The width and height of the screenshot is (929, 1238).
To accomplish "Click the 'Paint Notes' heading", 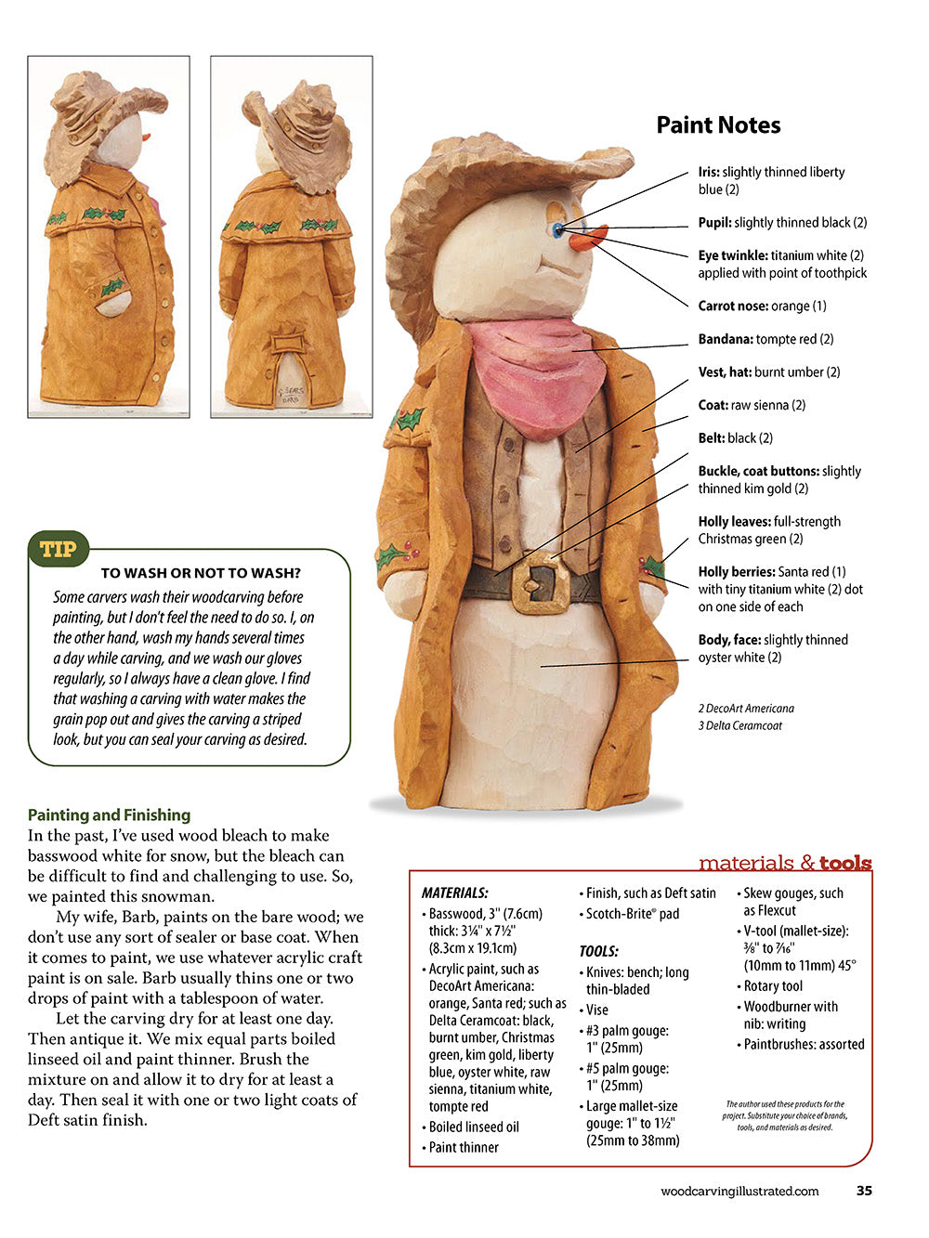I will click(718, 125).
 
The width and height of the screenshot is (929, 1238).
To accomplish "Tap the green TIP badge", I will click(59, 549).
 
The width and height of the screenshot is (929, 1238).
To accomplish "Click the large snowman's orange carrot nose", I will click(586, 239).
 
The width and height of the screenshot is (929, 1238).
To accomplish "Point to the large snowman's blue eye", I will click(557, 228).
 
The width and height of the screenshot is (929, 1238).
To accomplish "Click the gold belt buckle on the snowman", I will click(540, 582).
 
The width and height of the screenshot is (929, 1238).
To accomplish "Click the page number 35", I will click(864, 1191).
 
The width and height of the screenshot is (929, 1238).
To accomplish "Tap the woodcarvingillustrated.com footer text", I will click(739, 1192).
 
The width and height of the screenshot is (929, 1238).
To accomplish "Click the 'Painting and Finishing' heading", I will click(109, 814).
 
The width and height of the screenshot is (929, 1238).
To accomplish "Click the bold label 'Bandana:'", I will click(726, 339).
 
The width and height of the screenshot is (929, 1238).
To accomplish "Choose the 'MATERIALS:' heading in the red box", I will click(455, 893).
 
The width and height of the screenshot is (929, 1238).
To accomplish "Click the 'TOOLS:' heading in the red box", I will click(598, 951).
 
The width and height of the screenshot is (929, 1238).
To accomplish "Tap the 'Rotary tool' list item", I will click(773, 986).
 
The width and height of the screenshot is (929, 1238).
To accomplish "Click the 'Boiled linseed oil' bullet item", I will click(474, 1127).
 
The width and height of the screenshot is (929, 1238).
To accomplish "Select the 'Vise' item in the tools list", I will click(596, 1010).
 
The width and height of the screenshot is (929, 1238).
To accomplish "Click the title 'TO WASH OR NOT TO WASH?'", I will click(201, 573).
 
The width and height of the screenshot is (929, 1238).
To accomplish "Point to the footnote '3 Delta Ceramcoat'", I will click(740, 725).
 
